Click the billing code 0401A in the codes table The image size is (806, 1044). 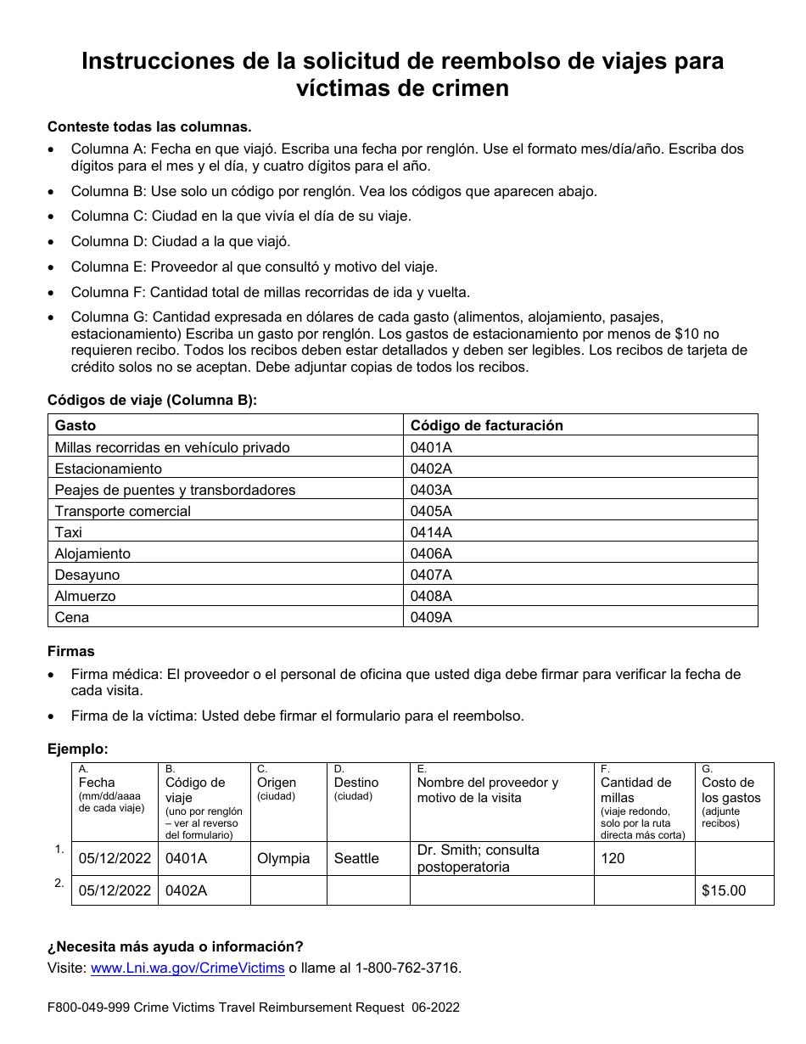tap(431, 447)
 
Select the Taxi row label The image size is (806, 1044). tap(69, 532)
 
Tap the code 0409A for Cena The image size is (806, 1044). tap(431, 617)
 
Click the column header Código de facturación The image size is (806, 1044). tap(487, 425)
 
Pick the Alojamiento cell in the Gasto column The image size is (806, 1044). tap(92, 553)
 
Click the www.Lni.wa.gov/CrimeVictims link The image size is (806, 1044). tap(188, 968)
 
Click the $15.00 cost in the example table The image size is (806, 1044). tap(724, 890)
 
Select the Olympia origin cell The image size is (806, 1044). tap(283, 858)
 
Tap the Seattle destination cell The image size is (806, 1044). tap(356, 858)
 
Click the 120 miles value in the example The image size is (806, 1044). tap(613, 858)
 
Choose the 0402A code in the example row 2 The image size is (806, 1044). tap(186, 890)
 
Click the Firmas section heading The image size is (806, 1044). tap(71, 651)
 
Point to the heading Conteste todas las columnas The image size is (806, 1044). tap(149, 126)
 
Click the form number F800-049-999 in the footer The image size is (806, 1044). tap(88, 1008)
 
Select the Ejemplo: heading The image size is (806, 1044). tap(78, 749)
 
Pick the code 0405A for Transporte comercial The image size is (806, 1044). tap(431, 511)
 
